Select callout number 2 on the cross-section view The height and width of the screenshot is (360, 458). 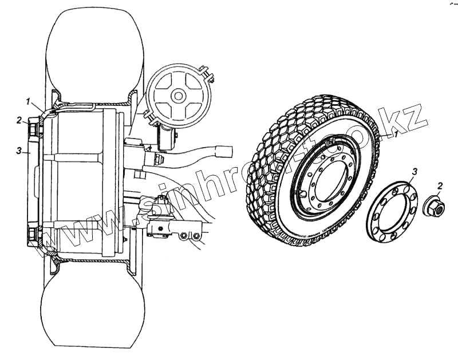19,121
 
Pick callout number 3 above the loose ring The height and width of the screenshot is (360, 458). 415,171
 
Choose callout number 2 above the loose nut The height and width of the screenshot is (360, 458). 439,185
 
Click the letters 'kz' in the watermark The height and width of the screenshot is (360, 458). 410,119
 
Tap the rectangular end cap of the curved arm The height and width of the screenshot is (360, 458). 224,151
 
